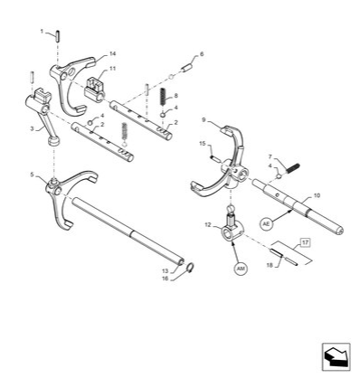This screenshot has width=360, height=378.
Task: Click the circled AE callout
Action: click(266, 223)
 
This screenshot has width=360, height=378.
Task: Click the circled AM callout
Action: click(241, 269)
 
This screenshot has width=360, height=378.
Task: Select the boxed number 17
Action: click(306, 242)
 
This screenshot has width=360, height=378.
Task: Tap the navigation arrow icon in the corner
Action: click(336, 357)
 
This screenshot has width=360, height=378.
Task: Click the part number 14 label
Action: click(112, 53)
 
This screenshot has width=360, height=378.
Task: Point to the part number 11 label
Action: click(112, 69)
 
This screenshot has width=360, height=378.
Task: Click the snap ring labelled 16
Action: click(190, 268)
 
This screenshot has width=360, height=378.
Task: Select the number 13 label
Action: click(166, 271)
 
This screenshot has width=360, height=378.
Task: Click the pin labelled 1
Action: click(58, 36)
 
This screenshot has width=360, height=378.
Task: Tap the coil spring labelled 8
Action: click(164, 96)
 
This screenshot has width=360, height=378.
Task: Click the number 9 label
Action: click(204, 120)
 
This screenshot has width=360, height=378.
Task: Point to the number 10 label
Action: click(317, 195)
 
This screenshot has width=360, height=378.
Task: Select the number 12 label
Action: click(208, 224)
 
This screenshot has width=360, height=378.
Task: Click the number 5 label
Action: click(33, 175)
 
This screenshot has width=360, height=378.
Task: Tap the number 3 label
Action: click(32, 128)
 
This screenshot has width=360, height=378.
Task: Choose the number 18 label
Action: click(270, 265)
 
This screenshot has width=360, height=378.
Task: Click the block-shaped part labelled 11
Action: click(94, 88)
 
